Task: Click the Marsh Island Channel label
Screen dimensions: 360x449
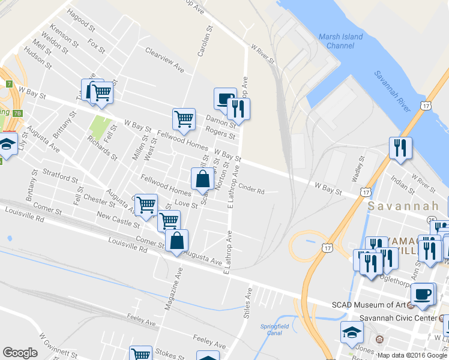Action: click(x=340, y=41)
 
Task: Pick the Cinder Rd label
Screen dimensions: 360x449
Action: click(x=252, y=188)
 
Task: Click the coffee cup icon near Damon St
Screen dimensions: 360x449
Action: click(x=225, y=98)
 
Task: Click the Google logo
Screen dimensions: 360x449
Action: click(x=20, y=353)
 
